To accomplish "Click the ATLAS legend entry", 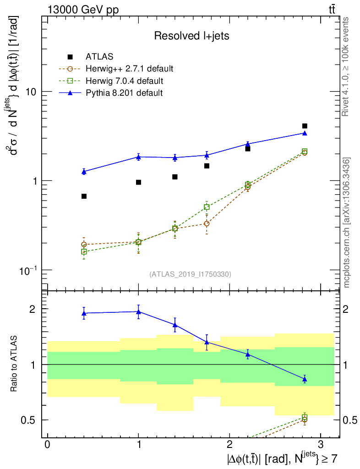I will pos(99,57).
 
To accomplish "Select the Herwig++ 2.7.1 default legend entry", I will pos(129,69).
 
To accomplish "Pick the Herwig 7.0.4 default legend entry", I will pos(124,81).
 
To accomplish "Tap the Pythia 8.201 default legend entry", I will pos(124,93).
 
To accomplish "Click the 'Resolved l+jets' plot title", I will pos(191,36).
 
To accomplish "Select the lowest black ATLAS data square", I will pos(84,196).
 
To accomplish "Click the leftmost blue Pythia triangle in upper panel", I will pos(84,172).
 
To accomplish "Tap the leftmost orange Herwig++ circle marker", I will pos(84,245).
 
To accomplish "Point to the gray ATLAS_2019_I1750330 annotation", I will pos(190,274).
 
